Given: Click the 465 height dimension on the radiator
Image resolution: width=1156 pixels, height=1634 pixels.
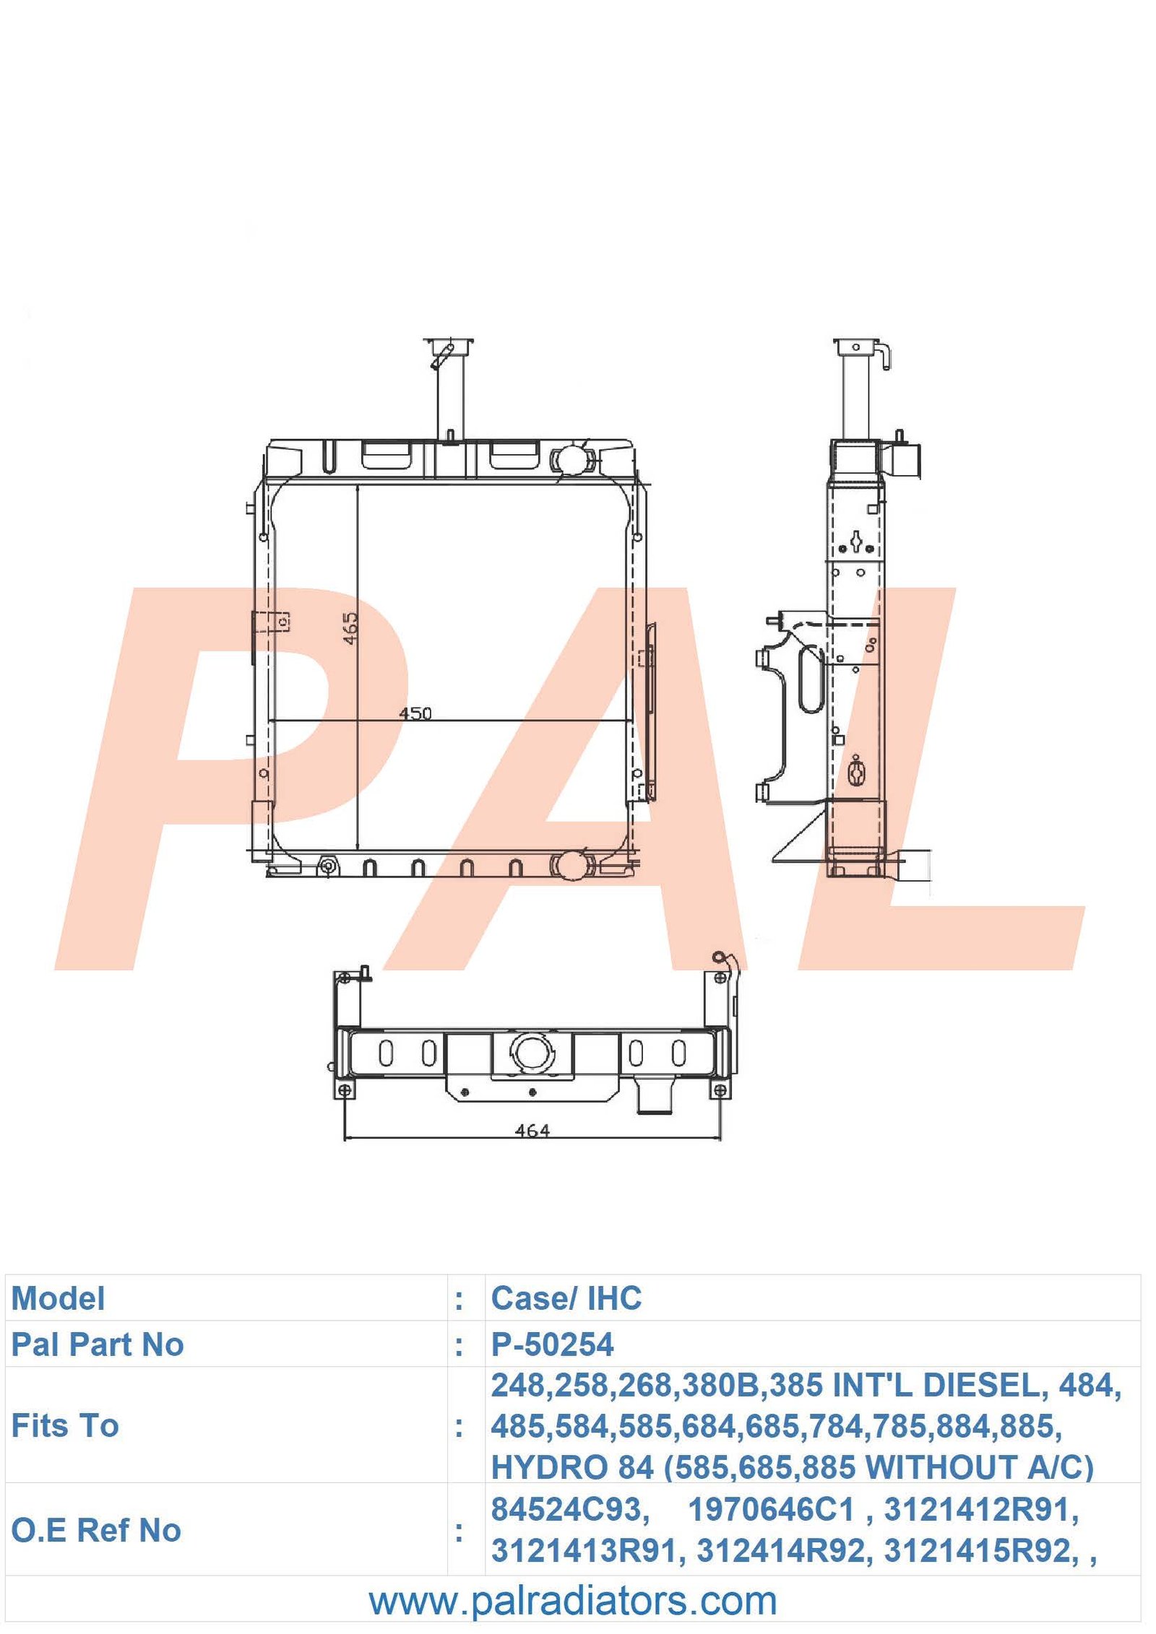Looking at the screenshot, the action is tap(350, 628).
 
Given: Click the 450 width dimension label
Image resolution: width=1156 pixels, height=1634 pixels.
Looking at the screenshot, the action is tap(415, 713).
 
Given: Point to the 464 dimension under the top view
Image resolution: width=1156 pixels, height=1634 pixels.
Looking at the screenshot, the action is tap(532, 1131).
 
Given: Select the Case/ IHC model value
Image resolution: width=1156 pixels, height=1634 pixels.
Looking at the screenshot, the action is tap(566, 1298).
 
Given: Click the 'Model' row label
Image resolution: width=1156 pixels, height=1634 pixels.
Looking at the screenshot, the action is tap(58, 1298).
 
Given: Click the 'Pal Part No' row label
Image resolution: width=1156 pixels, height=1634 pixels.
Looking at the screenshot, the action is tap(98, 1344).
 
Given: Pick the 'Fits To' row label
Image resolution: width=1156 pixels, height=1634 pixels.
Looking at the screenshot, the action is tap(65, 1425).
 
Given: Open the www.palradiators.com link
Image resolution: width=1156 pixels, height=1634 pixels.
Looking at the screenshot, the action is tap(573, 1600).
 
